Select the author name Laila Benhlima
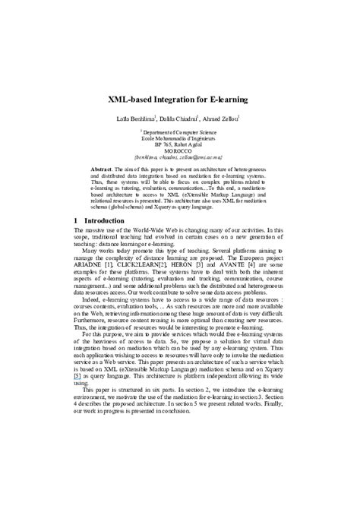[x=137, y=118]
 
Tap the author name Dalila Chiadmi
[x=180, y=118]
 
